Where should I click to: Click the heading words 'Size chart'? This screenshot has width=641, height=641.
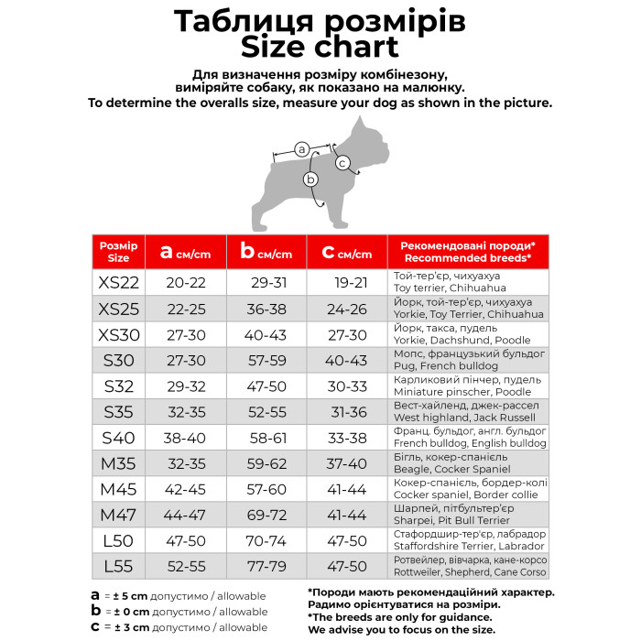tap(320, 47)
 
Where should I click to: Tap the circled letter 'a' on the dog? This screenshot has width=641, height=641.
tap(302, 147)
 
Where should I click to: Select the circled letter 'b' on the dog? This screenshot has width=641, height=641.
tap(310, 179)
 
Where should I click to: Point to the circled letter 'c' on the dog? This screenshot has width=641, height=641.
tap(342, 163)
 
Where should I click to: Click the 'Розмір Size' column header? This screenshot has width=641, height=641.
tap(119, 252)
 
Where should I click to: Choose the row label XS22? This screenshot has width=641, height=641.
tap(119, 282)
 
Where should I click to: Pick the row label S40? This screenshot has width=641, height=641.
tap(119, 437)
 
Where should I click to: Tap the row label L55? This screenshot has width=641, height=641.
tap(119, 566)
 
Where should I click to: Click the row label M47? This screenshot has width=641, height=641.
tap(119, 515)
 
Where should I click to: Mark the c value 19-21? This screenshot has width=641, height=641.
tap(351, 282)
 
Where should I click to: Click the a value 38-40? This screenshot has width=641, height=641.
tap(185, 437)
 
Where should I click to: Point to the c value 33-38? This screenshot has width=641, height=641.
tap(351, 437)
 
